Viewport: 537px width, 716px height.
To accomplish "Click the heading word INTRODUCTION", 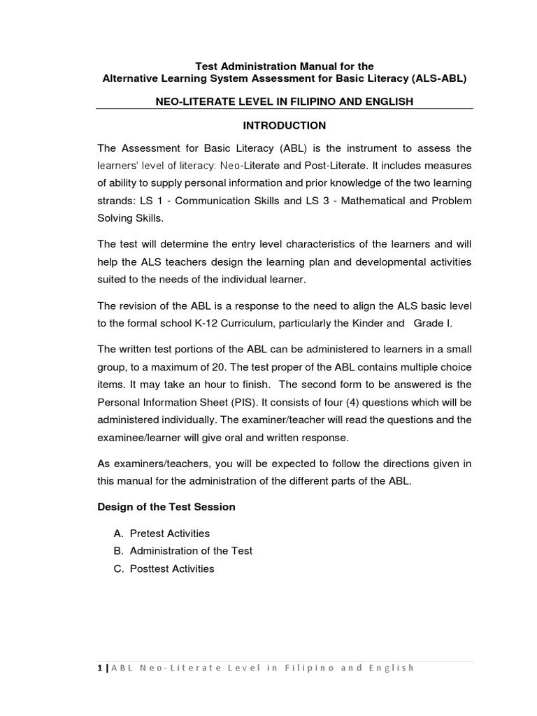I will (x=284, y=126).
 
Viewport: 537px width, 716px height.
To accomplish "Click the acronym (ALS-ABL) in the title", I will (x=438, y=78).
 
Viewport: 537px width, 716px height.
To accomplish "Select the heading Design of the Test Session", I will (x=166, y=507).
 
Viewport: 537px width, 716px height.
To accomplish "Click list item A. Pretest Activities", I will (x=162, y=534).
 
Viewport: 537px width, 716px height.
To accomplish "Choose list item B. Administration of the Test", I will (x=182, y=551).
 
